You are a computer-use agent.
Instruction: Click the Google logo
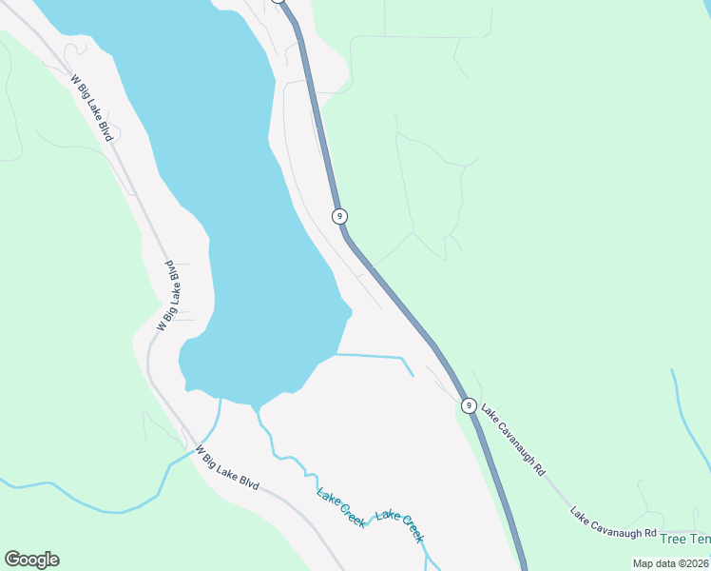tap(31, 560)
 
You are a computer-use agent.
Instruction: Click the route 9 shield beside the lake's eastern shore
tap(339, 216)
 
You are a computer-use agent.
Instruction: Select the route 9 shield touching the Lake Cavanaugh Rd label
tap(469, 405)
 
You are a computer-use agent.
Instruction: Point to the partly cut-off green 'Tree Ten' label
tap(685, 540)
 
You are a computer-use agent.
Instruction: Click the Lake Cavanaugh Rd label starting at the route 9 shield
tap(513, 441)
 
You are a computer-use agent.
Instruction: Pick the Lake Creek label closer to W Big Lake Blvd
tap(340, 508)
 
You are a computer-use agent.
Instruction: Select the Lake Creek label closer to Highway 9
tap(399, 526)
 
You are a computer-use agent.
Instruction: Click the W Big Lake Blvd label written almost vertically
tap(168, 294)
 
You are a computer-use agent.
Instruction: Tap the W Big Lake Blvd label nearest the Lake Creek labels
tap(228, 467)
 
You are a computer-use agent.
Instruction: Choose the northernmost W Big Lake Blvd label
tap(92, 108)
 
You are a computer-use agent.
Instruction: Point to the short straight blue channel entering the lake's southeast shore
tap(375, 357)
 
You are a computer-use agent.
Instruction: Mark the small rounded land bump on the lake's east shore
tap(346, 309)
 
